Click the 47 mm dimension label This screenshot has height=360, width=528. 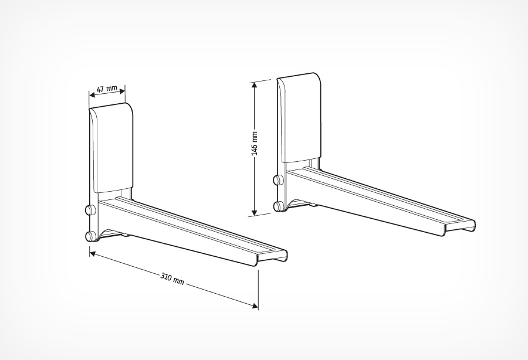107,89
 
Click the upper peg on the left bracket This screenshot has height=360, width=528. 90,210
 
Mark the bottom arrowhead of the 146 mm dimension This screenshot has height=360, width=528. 254,212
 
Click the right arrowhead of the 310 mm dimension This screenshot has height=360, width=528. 255,305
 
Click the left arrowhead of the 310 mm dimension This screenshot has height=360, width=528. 93,253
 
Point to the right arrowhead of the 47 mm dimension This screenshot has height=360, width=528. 123,89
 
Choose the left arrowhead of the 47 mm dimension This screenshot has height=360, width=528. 92,94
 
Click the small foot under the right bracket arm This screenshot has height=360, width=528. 313,205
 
